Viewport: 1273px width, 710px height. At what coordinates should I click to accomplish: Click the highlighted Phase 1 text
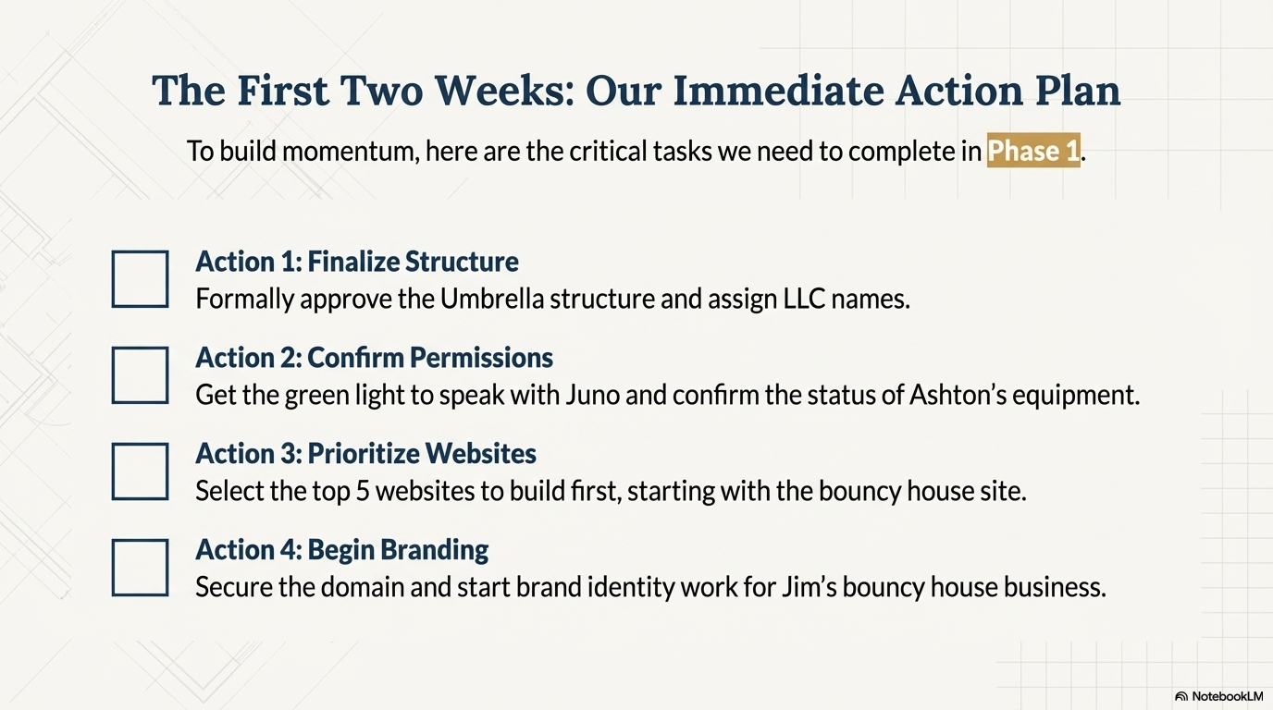click(1033, 151)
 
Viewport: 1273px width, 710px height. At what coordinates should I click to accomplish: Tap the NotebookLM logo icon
click(1180, 696)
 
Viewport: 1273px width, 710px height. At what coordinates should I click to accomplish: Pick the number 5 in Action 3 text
click(363, 491)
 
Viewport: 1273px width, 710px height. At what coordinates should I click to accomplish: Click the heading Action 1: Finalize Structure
click(357, 262)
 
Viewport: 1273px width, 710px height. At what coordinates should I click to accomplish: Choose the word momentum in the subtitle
click(350, 152)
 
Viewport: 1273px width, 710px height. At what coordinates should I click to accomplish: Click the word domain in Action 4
click(362, 587)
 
